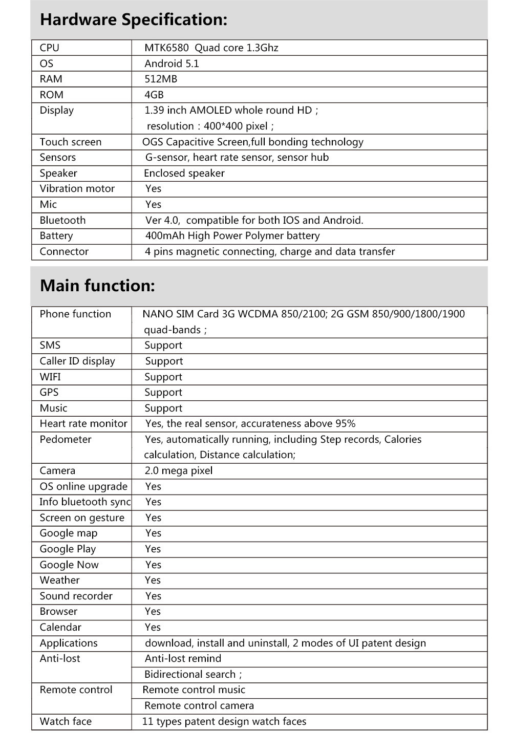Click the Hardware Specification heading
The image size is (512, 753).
[133, 20]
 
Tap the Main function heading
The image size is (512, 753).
[97, 286]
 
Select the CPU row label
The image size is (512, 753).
[50, 48]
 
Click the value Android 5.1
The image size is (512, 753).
[172, 63]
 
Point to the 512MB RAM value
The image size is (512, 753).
[161, 79]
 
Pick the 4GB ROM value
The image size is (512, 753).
[154, 95]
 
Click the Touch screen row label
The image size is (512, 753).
[71, 142]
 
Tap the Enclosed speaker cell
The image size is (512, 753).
[184, 173]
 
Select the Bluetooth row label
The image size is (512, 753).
[62, 220]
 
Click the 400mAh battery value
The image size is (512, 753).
[232, 236]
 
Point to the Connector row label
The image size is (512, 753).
[64, 251]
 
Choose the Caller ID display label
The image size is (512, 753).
[77, 361]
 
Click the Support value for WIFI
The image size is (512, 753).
[163, 377]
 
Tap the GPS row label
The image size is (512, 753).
[49, 392]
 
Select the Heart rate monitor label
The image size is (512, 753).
[83, 423]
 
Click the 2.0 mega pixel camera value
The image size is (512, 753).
[179, 470]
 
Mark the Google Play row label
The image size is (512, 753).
[68, 549]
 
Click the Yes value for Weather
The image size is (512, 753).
[153, 580]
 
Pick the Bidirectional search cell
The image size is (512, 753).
[193, 674]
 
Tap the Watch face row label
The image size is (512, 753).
[66, 721]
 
